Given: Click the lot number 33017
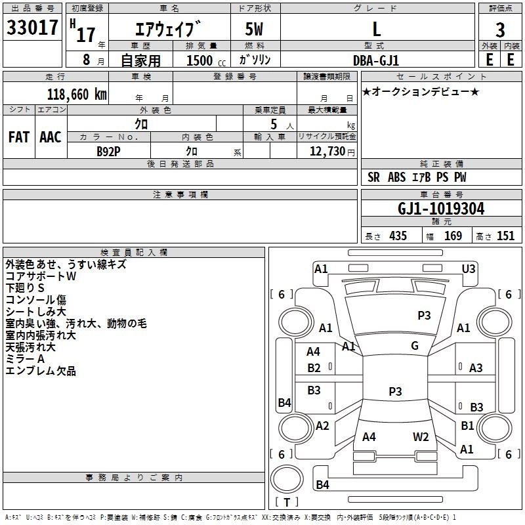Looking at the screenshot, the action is click(32, 28).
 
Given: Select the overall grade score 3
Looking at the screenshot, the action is click(500, 30).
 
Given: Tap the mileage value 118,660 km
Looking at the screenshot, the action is click(77, 94).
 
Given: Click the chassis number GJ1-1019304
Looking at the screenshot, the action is click(441, 209).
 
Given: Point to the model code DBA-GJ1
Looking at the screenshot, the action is click(376, 60).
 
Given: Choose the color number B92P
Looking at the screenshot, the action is click(108, 152).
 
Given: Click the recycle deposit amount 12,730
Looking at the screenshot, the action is click(327, 152).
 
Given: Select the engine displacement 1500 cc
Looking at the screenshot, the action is click(206, 60).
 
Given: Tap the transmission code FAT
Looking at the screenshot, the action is click(19, 137).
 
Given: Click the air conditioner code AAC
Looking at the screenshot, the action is click(51, 137).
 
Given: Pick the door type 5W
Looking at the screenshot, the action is click(254, 29).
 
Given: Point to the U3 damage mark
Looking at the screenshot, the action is click(469, 268).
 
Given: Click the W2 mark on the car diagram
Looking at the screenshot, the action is click(421, 437).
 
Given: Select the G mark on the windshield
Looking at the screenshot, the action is click(415, 346).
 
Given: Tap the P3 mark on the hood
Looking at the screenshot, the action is click(424, 315).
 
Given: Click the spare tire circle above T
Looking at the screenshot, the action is click(287, 479).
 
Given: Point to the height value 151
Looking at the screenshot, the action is click(505, 236).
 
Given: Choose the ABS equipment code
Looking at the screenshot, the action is click(397, 177).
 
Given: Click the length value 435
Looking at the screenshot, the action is click(398, 236).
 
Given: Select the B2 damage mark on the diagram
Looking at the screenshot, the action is click(314, 368).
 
